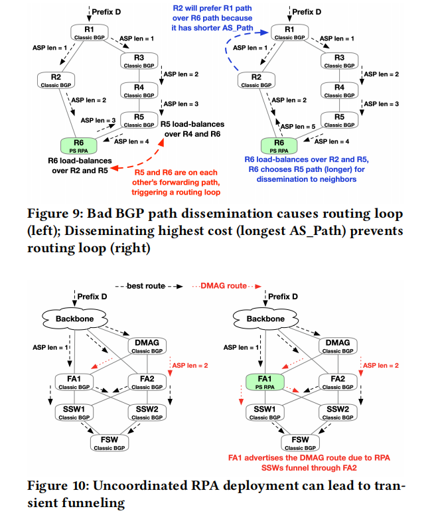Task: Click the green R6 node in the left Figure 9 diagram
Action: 78,145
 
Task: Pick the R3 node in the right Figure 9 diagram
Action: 339,62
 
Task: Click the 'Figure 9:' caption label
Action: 43,215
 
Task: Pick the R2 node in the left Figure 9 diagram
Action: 58,81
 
